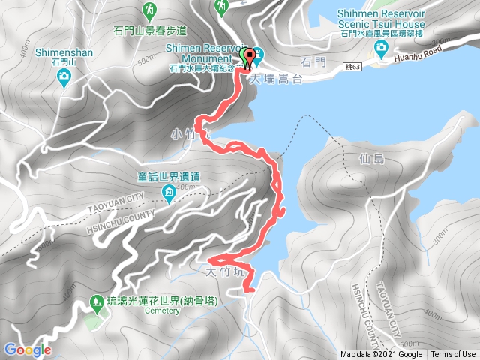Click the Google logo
click(27, 349)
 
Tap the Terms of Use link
click(453, 355)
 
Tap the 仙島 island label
click(361, 158)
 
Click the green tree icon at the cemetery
click(96, 303)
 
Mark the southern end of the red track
click(250, 287)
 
